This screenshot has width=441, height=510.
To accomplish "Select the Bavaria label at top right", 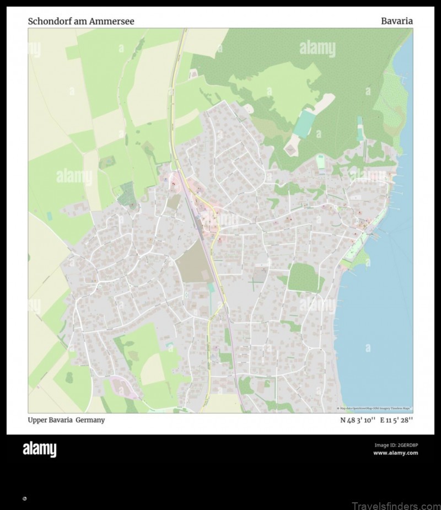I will click(396, 22).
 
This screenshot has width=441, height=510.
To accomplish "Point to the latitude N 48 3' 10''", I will click(358, 420).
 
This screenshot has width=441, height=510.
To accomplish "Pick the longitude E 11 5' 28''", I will click(396, 420).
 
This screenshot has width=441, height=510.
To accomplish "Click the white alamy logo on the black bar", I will click(39, 449).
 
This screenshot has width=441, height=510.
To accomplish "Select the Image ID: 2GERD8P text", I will click(396, 445).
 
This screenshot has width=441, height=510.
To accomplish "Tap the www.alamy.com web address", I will click(395, 453).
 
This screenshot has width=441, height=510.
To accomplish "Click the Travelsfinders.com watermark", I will click(397, 504).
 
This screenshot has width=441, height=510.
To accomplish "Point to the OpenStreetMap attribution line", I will click(375, 409).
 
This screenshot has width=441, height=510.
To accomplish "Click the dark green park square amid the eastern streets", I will click(305, 277).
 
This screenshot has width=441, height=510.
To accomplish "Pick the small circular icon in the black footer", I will click(24, 498).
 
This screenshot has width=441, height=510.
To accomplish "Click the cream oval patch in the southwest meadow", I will click(152, 369).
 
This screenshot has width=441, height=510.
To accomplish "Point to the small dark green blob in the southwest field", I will click(70, 378).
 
